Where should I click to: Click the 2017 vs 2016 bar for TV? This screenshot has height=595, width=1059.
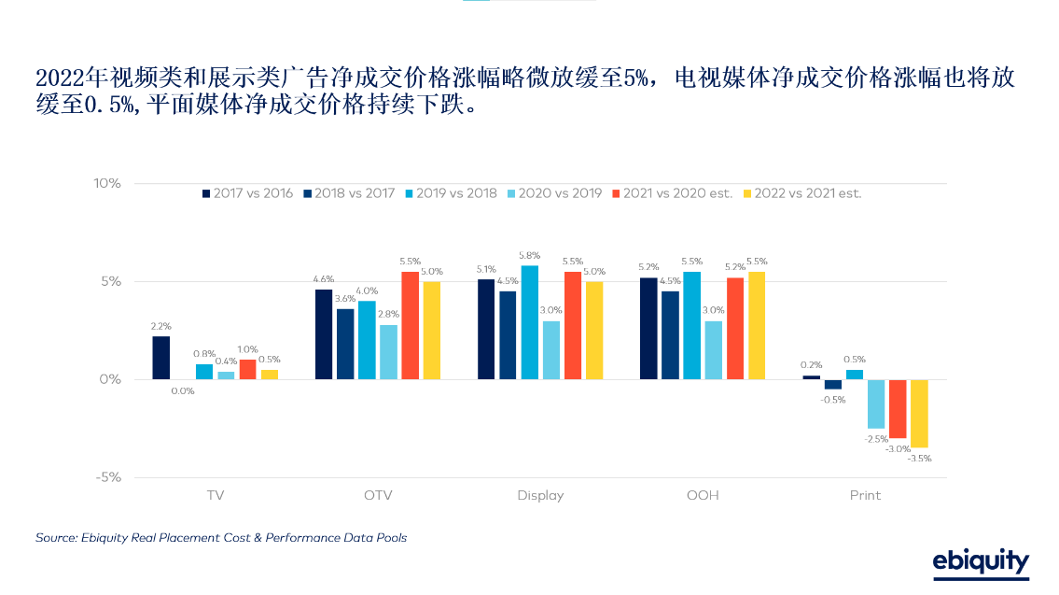(160, 358)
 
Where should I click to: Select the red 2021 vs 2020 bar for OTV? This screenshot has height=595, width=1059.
(411, 325)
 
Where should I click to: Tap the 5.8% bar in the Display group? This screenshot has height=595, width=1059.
(529, 322)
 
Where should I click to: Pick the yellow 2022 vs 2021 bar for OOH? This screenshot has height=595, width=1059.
(757, 325)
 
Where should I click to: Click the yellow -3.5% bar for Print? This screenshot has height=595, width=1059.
(919, 414)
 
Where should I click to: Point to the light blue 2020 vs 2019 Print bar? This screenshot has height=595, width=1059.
(876, 404)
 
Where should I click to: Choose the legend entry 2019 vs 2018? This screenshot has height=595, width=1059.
(450, 193)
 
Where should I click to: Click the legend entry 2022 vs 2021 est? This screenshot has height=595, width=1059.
(801, 193)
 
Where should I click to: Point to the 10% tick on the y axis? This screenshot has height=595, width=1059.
(107, 183)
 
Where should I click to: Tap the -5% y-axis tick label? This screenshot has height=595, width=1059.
(108, 477)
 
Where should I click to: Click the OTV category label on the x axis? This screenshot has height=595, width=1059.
(378, 495)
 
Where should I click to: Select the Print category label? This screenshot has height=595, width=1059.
(865, 495)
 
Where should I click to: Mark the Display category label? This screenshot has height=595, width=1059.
(540, 495)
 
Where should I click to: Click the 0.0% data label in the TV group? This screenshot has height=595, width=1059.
(182, 391)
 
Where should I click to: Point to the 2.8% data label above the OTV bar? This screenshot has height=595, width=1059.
(388, 314)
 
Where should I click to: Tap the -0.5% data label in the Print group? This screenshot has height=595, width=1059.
(833, 400)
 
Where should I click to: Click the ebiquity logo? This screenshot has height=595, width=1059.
(981, 561)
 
